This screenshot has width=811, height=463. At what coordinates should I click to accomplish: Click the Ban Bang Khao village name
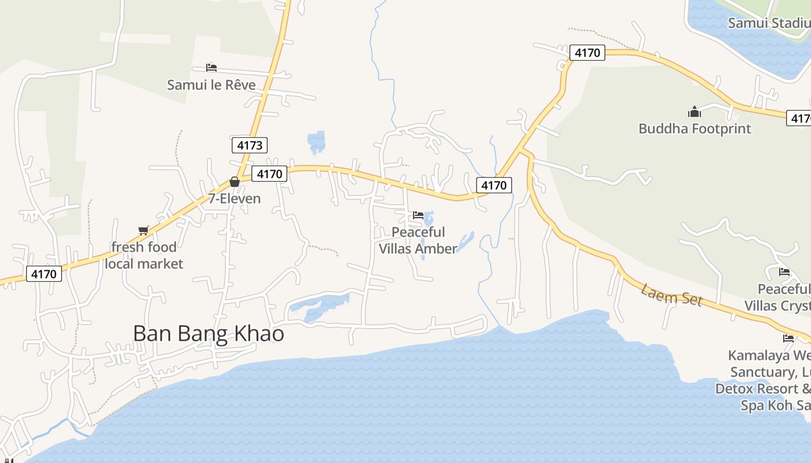pyautogui.click(x=209, y=334)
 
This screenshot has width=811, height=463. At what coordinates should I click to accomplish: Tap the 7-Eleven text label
pyautogui.click(x=235, y=199)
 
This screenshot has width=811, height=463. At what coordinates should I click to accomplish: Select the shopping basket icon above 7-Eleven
pyautogui.click(x=235, y=182)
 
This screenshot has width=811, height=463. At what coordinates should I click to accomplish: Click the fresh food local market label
pyautogui.click(x=144, y=255)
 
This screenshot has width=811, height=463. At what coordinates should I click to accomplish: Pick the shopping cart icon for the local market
pyautogui.click(x=144, y=230)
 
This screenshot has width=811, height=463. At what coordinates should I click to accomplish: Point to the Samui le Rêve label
pyautogui.click(x=211, y=84)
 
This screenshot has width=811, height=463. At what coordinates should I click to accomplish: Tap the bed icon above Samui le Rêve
pyautogui.click(x=211, y=67)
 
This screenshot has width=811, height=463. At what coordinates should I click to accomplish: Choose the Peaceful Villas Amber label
pyautogui.click(x=418, y=240)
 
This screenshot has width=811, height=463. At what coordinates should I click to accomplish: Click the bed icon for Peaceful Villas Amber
pyautogui.click(x=418, y=215)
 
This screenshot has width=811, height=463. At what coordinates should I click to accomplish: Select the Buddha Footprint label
pyautogui.click(x=695, y=128)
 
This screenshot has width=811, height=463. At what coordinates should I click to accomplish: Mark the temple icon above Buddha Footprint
pyautogui.click(x=695, y=111)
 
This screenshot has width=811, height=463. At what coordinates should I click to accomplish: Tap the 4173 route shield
pyautogui.click(x=250, y=145)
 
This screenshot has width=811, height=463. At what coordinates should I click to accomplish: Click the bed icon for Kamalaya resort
pyautogui.click(x=788, y=339)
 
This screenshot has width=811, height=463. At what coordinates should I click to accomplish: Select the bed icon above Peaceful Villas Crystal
pyautogui.click(x=784, y=271)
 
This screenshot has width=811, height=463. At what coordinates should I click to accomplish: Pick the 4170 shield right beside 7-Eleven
pyautogui.click(x=269, y=174)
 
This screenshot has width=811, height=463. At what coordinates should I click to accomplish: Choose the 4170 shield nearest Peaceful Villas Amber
pyautogui.click(x=494, y=185)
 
